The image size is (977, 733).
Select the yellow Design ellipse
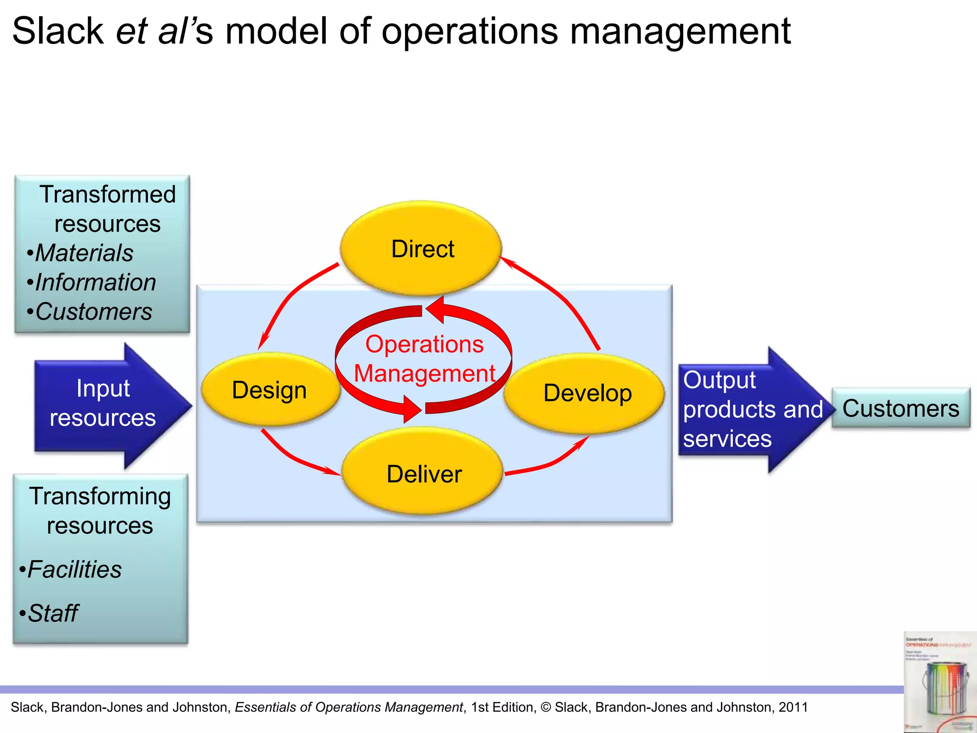[270, 390]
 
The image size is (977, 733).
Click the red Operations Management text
[424, 359]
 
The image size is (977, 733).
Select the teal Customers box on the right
[900, 408]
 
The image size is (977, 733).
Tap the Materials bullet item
[84, 253]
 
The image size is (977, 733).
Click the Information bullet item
[95, 282]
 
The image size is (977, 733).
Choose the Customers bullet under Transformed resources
[93, 312]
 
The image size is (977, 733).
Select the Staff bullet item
[52, 613]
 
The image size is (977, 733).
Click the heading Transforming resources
[100, 511]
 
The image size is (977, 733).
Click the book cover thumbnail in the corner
[939, 683]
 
